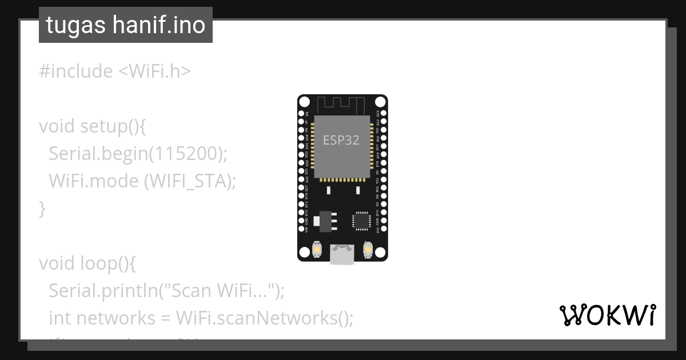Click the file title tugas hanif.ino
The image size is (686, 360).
tap(126, 25)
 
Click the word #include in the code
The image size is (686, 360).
tap(76, 71)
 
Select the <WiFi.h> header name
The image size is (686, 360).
tap(154, 71)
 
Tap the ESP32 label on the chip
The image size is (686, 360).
tap(341, 140)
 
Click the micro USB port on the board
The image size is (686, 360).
tap(342, 254)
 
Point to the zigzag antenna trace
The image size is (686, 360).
tap(342, 105)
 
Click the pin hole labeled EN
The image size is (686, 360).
tap(301, 114)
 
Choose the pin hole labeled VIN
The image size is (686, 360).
tap(301, 229)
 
